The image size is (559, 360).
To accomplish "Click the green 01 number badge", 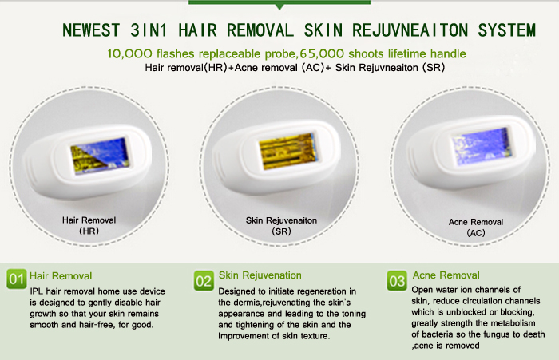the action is tap(17, 279).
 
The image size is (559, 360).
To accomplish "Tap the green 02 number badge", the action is tap(204, 280).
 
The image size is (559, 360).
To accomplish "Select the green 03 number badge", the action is tap(397, 280).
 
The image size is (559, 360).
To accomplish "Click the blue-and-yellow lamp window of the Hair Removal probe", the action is tap(100, 155).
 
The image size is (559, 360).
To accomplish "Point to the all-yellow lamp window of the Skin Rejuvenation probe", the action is tap(287, 150).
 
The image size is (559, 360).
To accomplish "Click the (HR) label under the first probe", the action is tap(89, 231).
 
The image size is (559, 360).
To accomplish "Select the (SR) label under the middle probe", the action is tap(281, 231).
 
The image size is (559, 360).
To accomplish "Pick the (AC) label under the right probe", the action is tap(476, 233).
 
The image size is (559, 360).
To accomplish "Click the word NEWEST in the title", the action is tap(91, 30).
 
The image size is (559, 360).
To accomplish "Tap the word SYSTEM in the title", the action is tap(506, 30).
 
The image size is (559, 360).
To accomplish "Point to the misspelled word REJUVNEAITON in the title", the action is tap(410, 30).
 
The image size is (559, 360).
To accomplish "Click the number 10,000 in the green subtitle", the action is tap(129, 53).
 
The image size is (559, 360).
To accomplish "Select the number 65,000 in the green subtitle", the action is tap(322, 53).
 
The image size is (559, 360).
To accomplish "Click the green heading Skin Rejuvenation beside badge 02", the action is tap(260, 275).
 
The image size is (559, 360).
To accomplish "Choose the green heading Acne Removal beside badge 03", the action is tap(446, 275).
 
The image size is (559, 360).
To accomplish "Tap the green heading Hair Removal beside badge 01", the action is tap(61, 276).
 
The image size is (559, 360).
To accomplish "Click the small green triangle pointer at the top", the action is tap(279, 6).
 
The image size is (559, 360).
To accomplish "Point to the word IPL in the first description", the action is tap(37, 291).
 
